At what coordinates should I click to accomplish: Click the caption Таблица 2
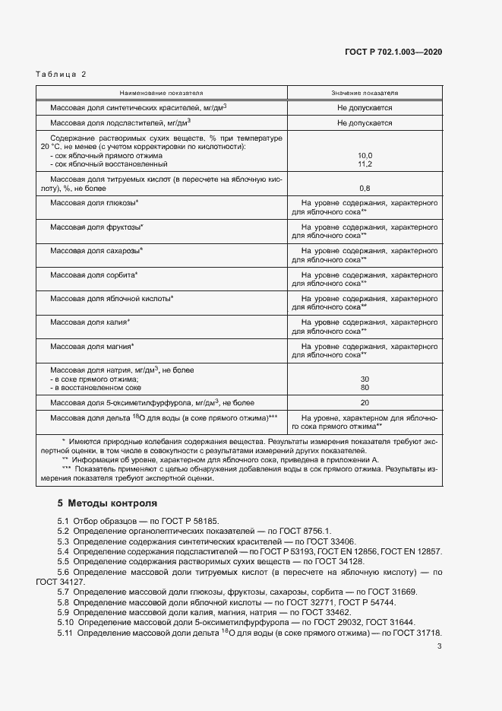[62, 74]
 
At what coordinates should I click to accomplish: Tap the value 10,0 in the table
[365, 154]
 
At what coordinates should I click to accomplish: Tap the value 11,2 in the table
[365, 163]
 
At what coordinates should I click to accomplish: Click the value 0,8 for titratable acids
[365, 188]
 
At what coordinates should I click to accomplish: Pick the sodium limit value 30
[365, 379]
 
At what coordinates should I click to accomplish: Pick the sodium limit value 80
[365, 388]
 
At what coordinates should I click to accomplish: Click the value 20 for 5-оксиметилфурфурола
[365, 403]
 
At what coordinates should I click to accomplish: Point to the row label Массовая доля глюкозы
[93, 204]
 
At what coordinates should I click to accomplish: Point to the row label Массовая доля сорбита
[93, 275]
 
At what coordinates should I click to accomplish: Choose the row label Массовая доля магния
[92, 346]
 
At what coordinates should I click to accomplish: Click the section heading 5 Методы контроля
[107, 503]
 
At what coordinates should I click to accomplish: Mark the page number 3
[439, 646]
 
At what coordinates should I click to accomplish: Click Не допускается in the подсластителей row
[365, 122]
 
